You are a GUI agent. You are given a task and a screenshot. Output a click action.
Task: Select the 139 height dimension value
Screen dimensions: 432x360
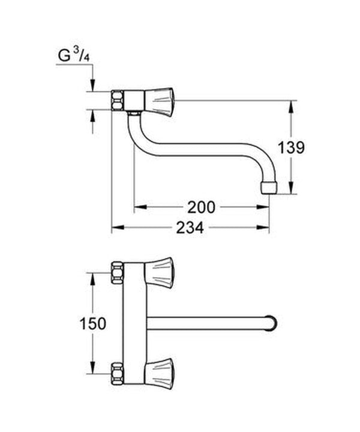pos(291,147)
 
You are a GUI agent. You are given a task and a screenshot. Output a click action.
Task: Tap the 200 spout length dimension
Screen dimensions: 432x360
pos(200,207)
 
